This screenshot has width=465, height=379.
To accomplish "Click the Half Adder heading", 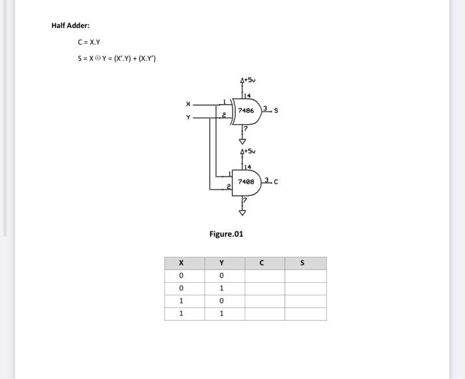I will (x=70, y=26).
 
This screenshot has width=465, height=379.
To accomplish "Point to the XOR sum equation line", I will (x=116, y=58).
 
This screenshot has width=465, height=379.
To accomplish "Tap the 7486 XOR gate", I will (x=245, y=110).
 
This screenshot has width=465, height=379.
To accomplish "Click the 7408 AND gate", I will (x=245, y=181).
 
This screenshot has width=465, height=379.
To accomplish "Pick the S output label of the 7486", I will (x=276, y=111).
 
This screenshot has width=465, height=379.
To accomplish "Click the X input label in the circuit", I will (x=188, y=104).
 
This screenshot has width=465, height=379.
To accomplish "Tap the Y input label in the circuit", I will (x=188, y=117).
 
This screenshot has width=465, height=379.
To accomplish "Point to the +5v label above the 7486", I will (x=248, y=80).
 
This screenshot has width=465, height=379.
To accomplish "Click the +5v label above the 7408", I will (x=248, y=151).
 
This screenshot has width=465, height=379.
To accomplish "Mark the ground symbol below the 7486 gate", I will (x=242, y=140).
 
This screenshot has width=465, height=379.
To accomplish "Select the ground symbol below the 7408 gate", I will (x=242, y=212).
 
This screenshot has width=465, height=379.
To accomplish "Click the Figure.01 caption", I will (x=226, y=234).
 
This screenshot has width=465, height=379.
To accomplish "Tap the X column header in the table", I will (x=181, y=263).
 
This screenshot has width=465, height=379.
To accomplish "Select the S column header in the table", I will (x=302, y=263).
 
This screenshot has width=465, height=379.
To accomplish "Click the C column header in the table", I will (x=262, y=263).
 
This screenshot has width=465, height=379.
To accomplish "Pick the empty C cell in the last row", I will (x=265, y=314).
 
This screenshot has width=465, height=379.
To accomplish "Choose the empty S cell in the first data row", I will (x=306, y=275).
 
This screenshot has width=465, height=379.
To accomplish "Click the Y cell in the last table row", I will (x=221, y=314).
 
